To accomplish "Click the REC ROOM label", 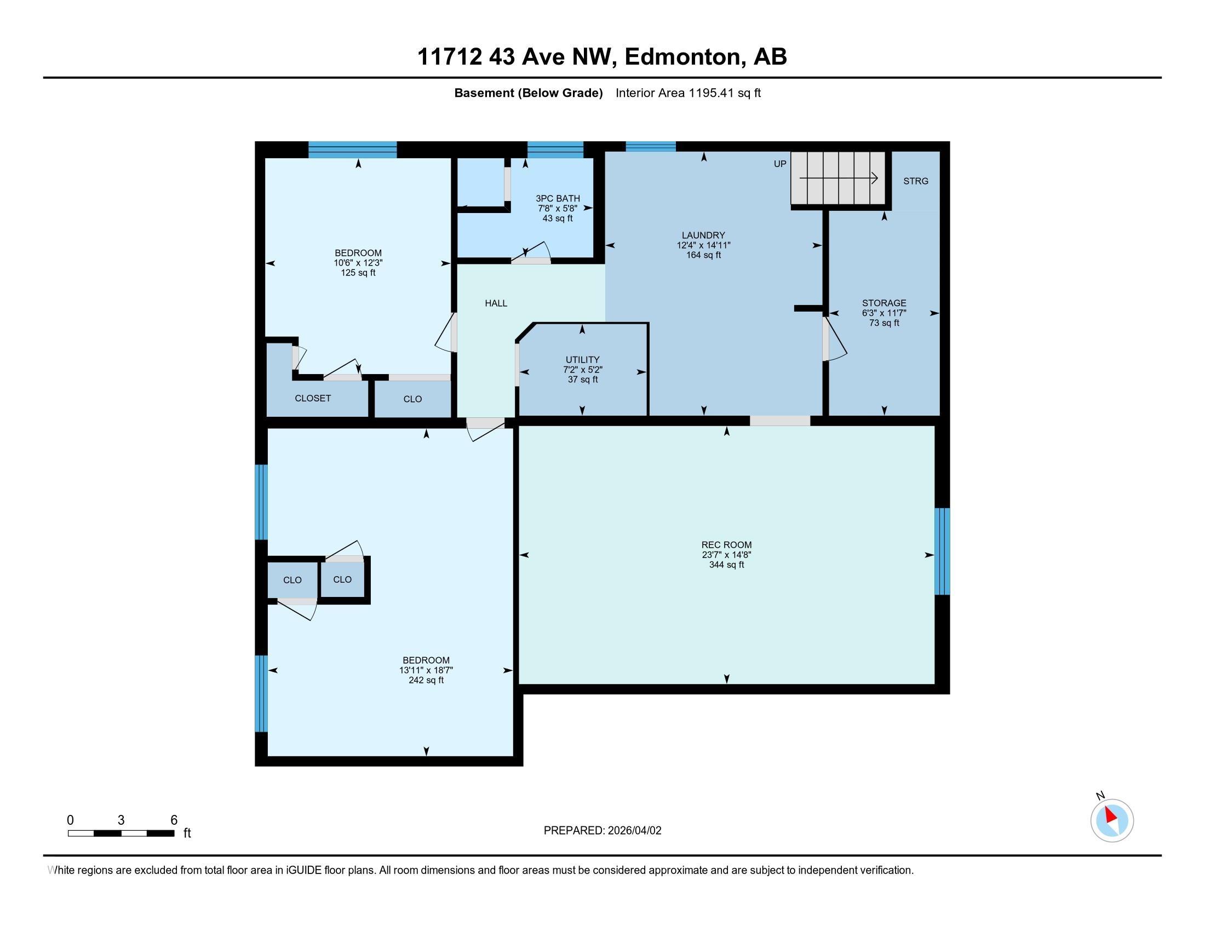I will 726,545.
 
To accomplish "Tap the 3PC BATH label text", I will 557,199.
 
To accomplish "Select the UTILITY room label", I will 582,360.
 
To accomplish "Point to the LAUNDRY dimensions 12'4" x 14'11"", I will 703,245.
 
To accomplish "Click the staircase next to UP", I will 837,178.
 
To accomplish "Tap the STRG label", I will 915,181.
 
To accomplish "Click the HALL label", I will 496,303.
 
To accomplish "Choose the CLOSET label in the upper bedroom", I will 312,398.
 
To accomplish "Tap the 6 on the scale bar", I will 174,820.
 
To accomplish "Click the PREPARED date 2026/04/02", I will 633,831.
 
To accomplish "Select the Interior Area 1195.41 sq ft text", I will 687,93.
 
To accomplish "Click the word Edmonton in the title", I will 682,57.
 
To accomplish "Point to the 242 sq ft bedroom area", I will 426,681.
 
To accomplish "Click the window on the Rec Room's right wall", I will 942,551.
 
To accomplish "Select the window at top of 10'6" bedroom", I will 352,150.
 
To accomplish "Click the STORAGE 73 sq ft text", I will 884,323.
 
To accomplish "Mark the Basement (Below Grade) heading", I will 528,93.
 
